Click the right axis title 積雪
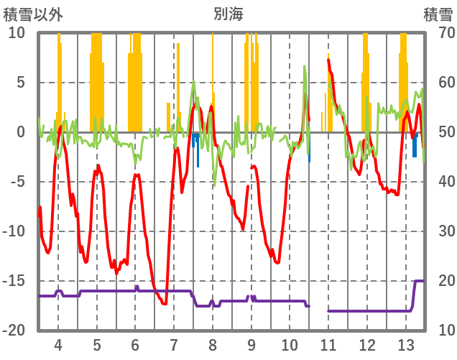[438, 14]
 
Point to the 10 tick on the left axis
[17, 33]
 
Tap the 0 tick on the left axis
[21, 132]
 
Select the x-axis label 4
[57, 343]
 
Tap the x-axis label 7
[174, 343]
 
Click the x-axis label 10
[290, 343]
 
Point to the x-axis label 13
[406, 343]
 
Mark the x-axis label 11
[328, 343]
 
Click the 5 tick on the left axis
[21, 83]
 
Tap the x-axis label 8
[213, 343]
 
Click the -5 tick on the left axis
[18, 182]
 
